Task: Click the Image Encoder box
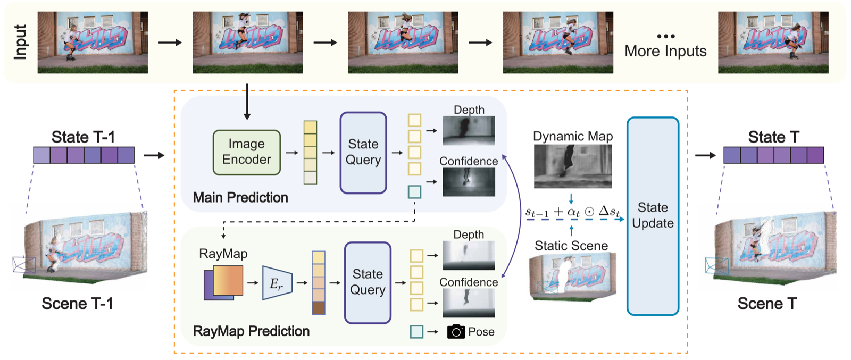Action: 246,152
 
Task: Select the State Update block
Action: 653,216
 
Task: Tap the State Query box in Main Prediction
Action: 363,152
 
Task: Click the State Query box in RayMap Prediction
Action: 368,282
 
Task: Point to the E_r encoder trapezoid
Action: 277,283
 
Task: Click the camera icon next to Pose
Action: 456,332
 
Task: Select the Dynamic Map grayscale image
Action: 573,166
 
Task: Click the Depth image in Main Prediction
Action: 469,131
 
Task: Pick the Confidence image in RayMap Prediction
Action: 469,303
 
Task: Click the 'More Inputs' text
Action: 665,51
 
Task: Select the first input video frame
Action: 93,43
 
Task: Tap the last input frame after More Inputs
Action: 773,43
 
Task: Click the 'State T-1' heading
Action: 83,137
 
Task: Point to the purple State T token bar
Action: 773,155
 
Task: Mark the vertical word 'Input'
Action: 20,42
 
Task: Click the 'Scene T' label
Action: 767,304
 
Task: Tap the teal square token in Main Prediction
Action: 414,192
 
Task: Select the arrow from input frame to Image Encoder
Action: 247,101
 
